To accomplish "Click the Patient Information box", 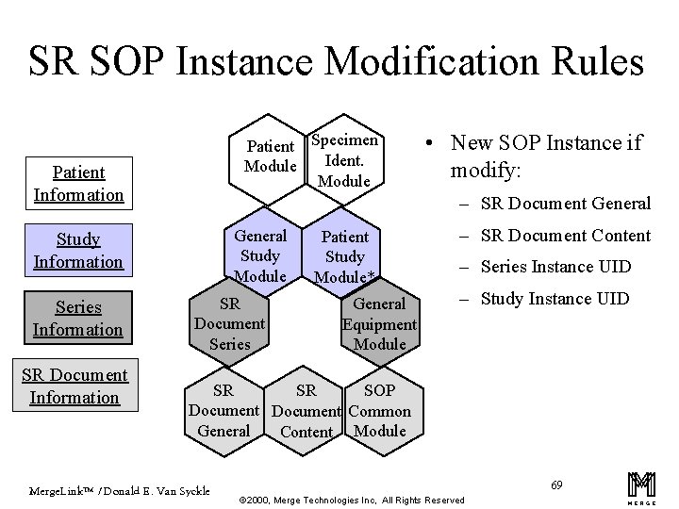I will click(78, 183).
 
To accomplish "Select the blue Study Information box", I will click(78, 251).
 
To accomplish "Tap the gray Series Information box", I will click(78, 319).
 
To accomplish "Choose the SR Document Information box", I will click(75, 386).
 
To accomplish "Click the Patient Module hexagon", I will click(271, 156).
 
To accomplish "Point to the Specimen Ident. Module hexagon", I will click(344, 160).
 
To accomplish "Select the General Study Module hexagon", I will click(260, 254).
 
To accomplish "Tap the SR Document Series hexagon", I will click(229, 324).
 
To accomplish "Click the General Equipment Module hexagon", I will click(379, 324).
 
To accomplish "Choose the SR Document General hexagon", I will click(224, 411).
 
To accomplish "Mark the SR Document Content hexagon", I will click(306, 411).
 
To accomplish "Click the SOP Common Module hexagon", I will click(379, 411).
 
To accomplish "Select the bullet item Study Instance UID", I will click(555, 300).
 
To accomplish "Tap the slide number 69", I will click(557, 484).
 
